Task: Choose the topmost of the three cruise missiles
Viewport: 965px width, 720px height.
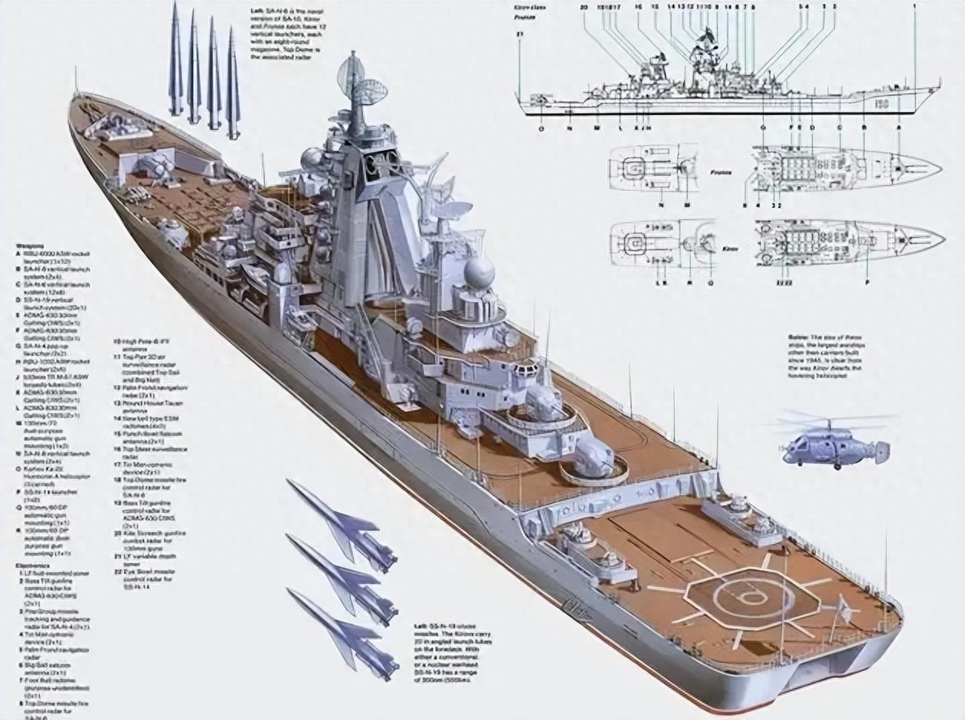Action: [341, 520]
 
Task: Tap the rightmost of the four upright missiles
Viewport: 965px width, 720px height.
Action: [233, 74]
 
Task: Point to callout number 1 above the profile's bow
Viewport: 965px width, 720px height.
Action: [915, 6]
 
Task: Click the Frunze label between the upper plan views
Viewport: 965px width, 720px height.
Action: [719, 172]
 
